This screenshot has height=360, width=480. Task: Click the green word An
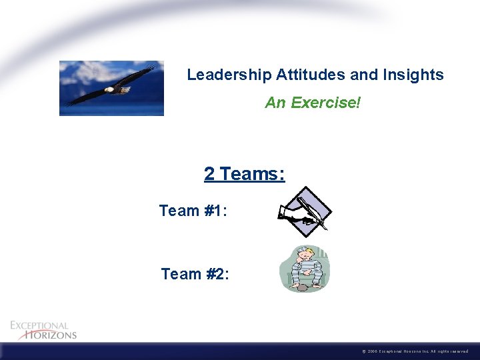tap(274, 103)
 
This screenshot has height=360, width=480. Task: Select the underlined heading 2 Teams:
tap(244, 174)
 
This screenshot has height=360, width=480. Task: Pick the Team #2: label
tap(195, 273)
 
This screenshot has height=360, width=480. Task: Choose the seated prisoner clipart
tap(305, 268)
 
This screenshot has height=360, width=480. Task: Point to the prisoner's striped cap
tap(304, 250)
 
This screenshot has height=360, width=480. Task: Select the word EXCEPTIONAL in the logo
tap(39, 325)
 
